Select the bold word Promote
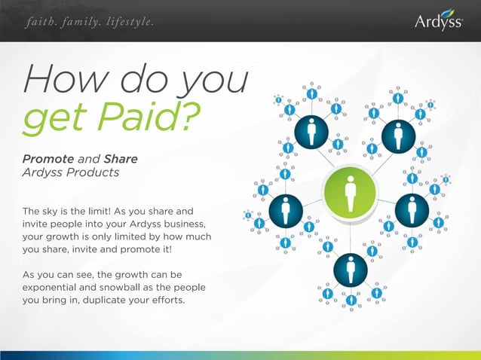[x=48, y=159]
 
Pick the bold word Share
[x=121, y=159]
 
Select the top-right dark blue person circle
[x=397, y=136]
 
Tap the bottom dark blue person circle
[x=350, y=268]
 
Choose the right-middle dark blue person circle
[x=412, y=209]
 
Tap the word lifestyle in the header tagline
[x=128, y=22]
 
